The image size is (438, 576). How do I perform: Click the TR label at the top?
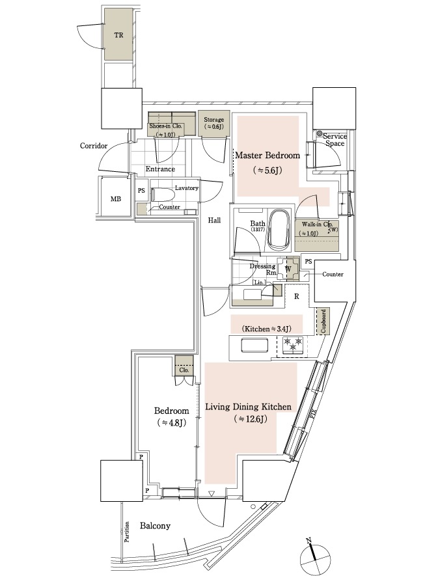(118, 35)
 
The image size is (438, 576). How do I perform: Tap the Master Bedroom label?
(267, 156)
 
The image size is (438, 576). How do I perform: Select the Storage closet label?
(213, 120)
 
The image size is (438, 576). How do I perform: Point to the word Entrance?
(160, 169)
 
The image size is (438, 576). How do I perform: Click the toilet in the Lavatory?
(163, 194)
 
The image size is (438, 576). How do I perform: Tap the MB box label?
(115, 199)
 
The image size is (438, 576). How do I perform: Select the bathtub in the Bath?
(282, 229)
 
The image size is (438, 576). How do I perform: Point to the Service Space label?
(336, 139)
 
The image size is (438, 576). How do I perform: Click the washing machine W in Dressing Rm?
(288, 267)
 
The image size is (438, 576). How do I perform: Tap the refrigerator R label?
(296, 296)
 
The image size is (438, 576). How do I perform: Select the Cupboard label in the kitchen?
(323, 322)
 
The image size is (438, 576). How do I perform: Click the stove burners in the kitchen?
(294, 345)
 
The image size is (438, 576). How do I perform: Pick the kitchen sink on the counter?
(254, 346)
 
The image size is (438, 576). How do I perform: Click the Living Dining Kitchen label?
(248, 407)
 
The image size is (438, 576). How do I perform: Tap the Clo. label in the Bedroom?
(184, 370)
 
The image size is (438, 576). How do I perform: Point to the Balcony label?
(155, 526)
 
